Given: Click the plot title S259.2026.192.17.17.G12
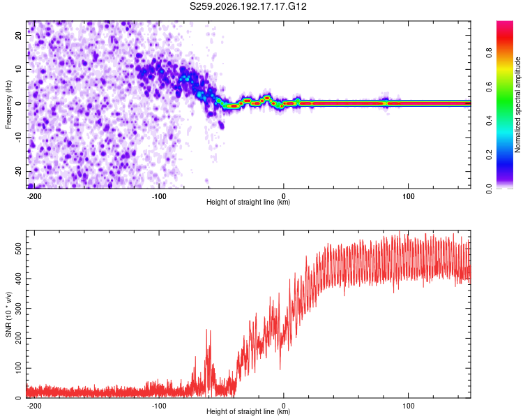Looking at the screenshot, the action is [x=248, y=6].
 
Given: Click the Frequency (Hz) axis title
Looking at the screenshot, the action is [x=8, y=105].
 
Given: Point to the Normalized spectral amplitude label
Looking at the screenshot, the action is [x=517, y=105].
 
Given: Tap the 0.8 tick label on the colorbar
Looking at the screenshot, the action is [x=489, y=52].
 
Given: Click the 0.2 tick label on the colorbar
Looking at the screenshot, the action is [x=489, y=155].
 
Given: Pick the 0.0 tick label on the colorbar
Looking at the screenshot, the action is [x=489, y=189].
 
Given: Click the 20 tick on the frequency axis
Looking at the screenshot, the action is [x=18, y=36].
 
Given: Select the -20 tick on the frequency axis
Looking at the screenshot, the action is [x=18, y=172].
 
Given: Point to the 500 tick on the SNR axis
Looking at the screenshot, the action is [x=18, y=249].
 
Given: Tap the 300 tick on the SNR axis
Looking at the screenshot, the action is [x=18, y=309].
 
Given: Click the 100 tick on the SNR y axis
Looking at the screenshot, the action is [x=18, y=368].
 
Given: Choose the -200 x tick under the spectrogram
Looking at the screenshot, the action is [x=33, y=196].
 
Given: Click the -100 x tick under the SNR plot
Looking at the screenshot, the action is [x=159, y=406].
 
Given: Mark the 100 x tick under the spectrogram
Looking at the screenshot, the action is [x=408, y=196].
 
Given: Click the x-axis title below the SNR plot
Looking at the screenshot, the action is [x=248, y=411].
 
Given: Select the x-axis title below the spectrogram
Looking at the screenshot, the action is [x=248, y=202].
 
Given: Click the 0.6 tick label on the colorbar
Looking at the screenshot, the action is [x=489, y=87].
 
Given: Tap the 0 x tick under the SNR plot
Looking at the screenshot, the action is [x=284, y=406].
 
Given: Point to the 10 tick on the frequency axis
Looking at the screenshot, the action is [x=18, y=70].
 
